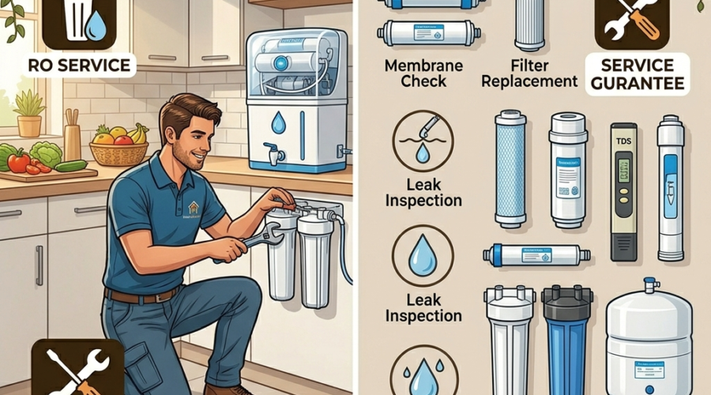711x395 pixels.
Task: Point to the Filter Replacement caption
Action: point(531,72)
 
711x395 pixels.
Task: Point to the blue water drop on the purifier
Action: point(279,122)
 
